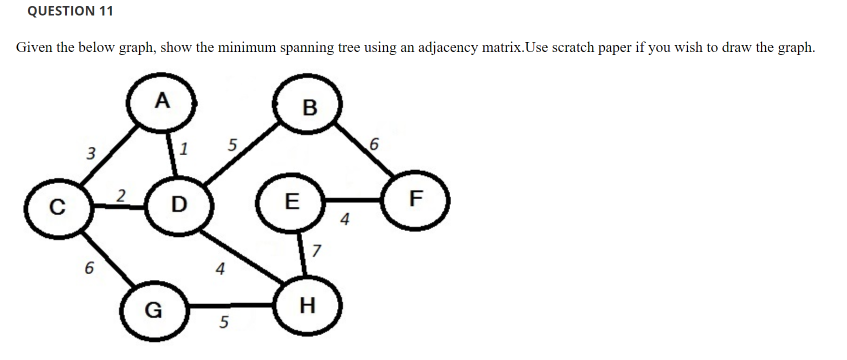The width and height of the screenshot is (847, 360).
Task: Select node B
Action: (308, 108)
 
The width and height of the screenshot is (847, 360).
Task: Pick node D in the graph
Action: (179, 205)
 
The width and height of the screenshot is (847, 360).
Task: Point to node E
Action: (291, 200)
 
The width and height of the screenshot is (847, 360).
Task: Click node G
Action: (153, 308)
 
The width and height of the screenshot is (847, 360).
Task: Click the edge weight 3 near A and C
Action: (90, 154)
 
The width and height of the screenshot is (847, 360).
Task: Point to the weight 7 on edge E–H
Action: (317, 250)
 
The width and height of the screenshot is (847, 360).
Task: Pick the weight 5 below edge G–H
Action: (223, 323)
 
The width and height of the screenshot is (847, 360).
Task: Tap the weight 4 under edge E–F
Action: (345, 221)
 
